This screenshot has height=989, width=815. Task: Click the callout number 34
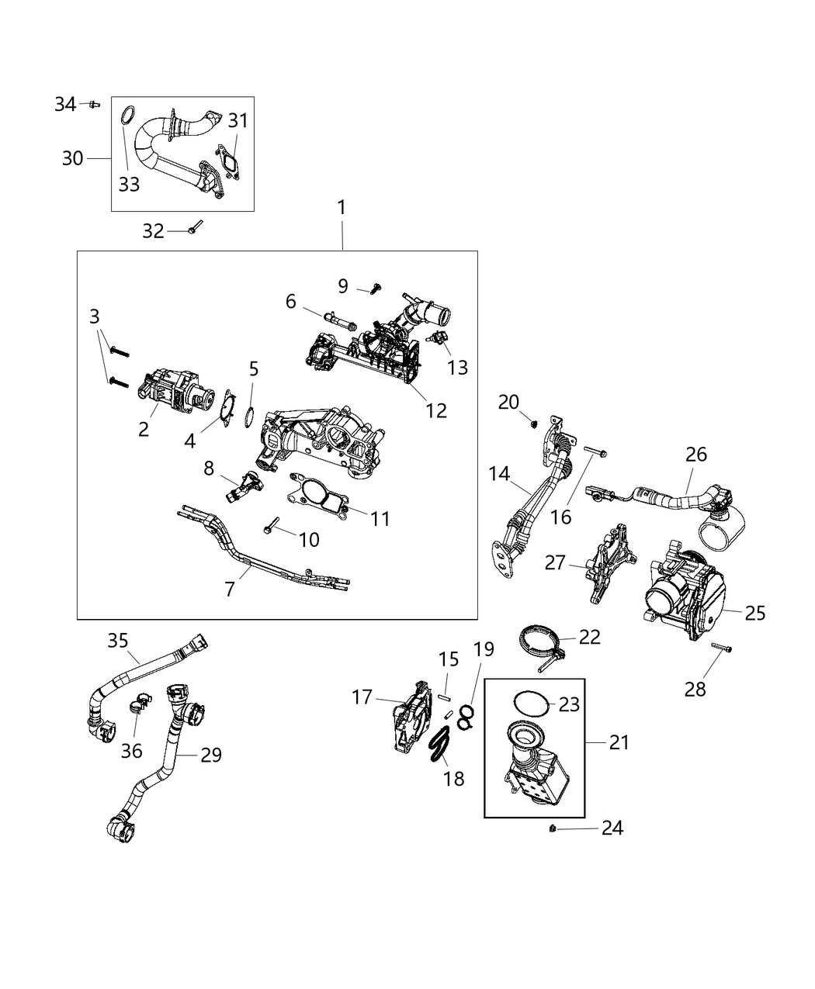65,103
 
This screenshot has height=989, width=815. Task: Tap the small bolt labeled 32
194,228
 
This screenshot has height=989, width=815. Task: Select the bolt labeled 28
723,648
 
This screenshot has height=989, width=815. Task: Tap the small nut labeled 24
551,829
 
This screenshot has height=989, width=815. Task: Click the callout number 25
754,613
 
